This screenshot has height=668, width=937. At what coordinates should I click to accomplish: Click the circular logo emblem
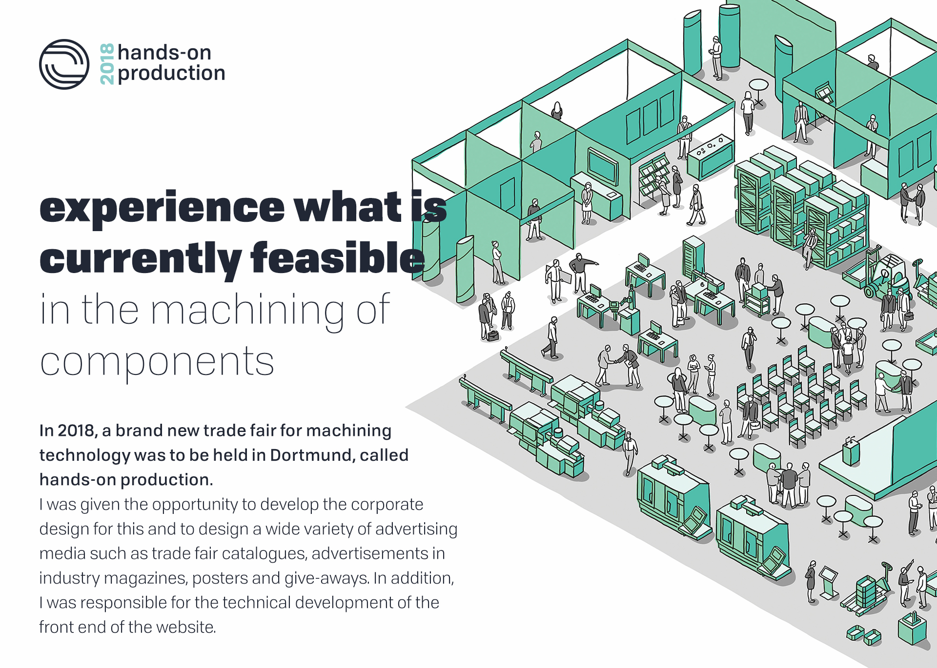tap(64, 64)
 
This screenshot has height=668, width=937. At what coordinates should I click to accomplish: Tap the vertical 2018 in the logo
tap(107, 64)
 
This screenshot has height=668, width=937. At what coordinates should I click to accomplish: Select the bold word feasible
tap(337, 259)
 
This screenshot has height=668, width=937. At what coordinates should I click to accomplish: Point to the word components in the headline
tap(157, 362)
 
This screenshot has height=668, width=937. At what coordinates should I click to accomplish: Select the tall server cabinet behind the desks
tap(693, 256)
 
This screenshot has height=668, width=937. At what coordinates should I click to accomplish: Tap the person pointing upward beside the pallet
tap(906, 582)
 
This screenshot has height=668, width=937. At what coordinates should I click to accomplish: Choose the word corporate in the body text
tap(387, 504)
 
